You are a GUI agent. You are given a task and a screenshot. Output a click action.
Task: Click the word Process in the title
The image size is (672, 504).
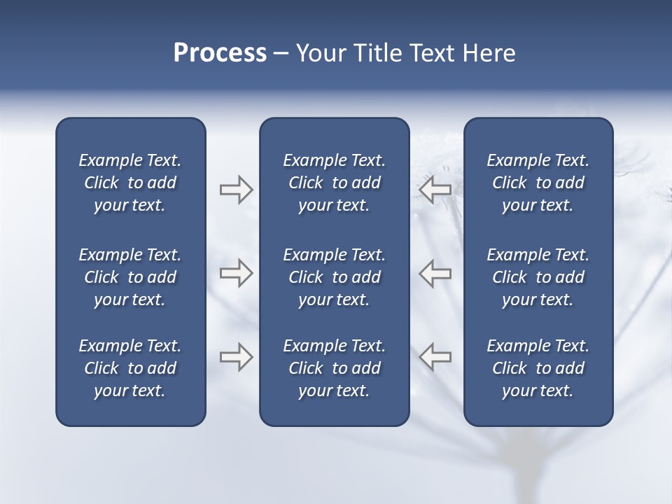point(220,53)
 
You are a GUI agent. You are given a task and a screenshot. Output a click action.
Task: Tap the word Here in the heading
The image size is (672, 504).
point(489,53)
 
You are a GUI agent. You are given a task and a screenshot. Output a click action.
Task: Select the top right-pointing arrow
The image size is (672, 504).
point(236,190)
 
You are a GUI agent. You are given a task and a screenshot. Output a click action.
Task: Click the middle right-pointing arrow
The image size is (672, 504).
point(236,273)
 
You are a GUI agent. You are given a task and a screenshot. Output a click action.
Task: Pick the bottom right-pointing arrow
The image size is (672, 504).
point(236,357)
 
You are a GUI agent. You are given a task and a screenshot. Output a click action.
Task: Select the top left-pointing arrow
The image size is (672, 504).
point(435,190)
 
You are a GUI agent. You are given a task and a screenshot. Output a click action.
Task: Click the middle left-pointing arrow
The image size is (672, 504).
point(435,273)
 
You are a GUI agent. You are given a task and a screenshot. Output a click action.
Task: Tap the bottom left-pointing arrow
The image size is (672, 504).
point(435,357)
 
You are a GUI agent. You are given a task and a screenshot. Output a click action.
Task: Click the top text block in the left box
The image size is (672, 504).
point(130,183)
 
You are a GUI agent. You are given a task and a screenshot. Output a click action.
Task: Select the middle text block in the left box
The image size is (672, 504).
point(130,277)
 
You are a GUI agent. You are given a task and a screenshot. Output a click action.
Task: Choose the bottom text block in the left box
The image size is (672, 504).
point(130,368)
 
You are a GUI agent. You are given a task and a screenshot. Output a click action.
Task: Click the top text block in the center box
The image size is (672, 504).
point(335,183)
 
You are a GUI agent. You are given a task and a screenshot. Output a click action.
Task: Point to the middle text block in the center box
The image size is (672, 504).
point(335,277)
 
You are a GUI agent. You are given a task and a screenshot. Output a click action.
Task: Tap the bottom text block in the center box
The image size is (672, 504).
point(335,368)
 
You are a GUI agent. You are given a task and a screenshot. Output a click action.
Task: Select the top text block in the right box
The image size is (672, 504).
point(538,183)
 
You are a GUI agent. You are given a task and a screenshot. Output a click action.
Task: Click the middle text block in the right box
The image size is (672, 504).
point(538,277)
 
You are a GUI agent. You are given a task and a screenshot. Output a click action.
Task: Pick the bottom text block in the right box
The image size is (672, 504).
point(538,368)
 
